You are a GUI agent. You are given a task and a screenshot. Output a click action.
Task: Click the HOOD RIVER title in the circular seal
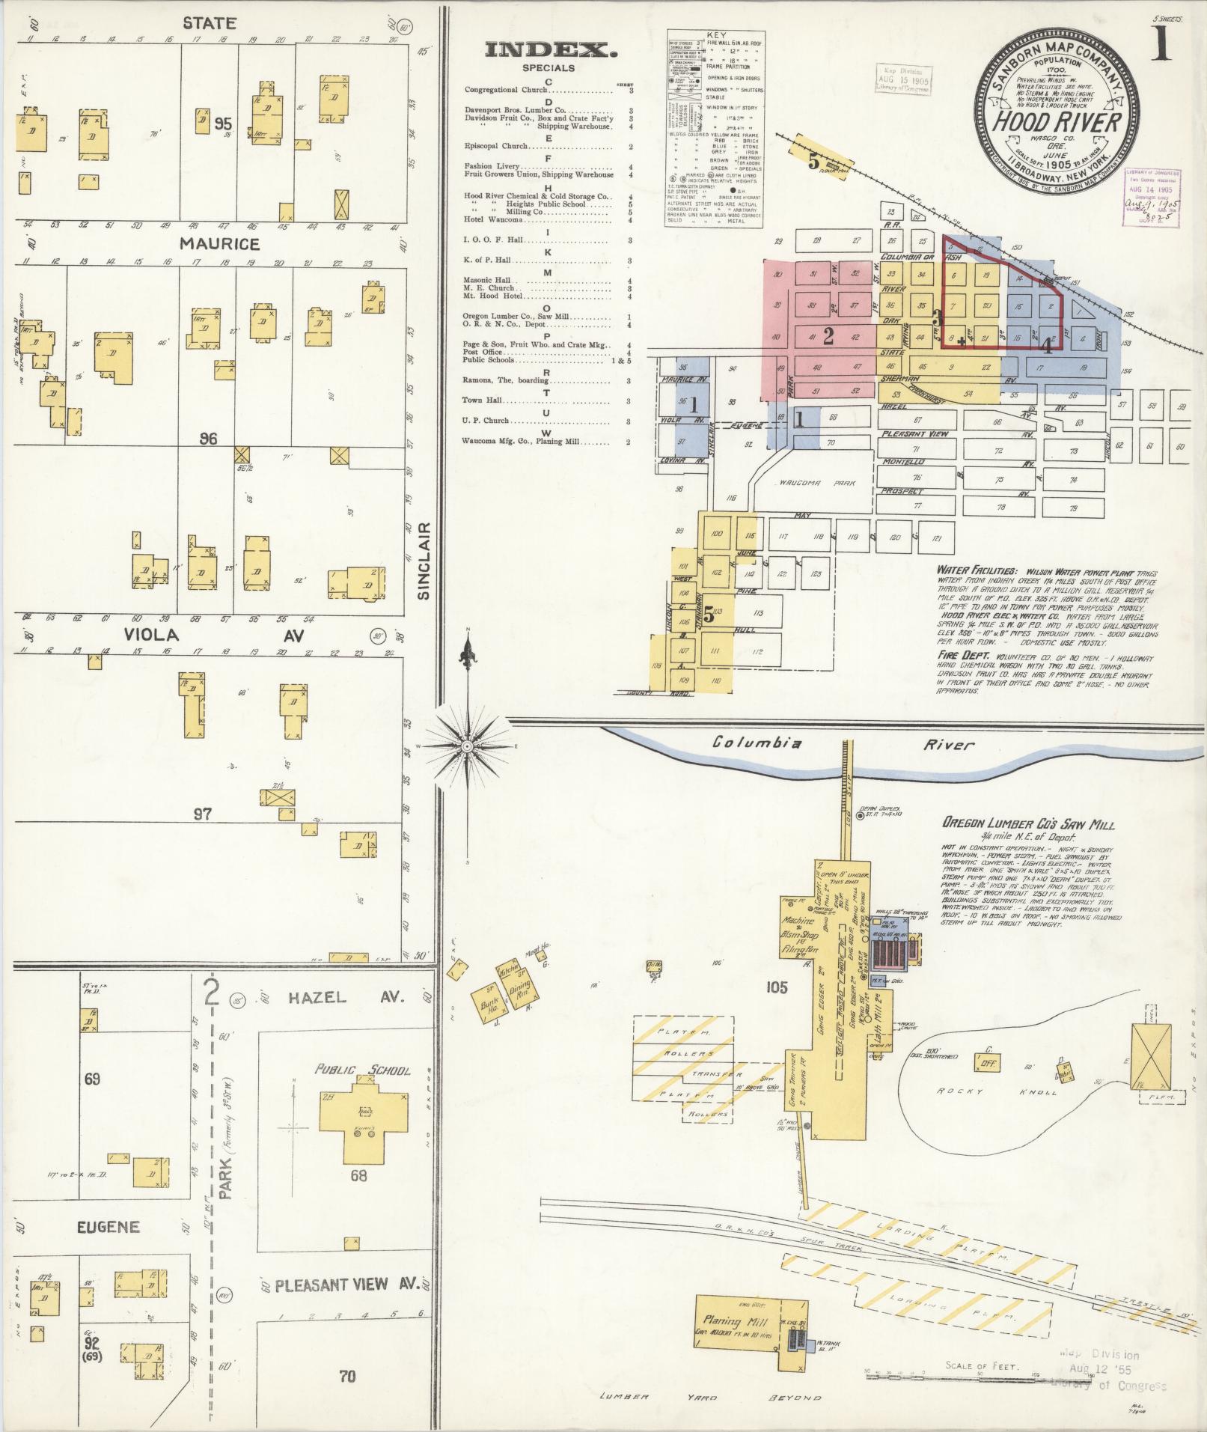pos(1057,122)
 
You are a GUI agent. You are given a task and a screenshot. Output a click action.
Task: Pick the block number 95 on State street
pos(222,124)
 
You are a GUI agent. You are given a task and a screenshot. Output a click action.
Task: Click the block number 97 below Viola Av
pos(202,814)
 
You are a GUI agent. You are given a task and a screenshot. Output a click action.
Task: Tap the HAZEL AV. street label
pos(346,997)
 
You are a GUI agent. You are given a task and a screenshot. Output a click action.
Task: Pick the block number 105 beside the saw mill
pos(777,988)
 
